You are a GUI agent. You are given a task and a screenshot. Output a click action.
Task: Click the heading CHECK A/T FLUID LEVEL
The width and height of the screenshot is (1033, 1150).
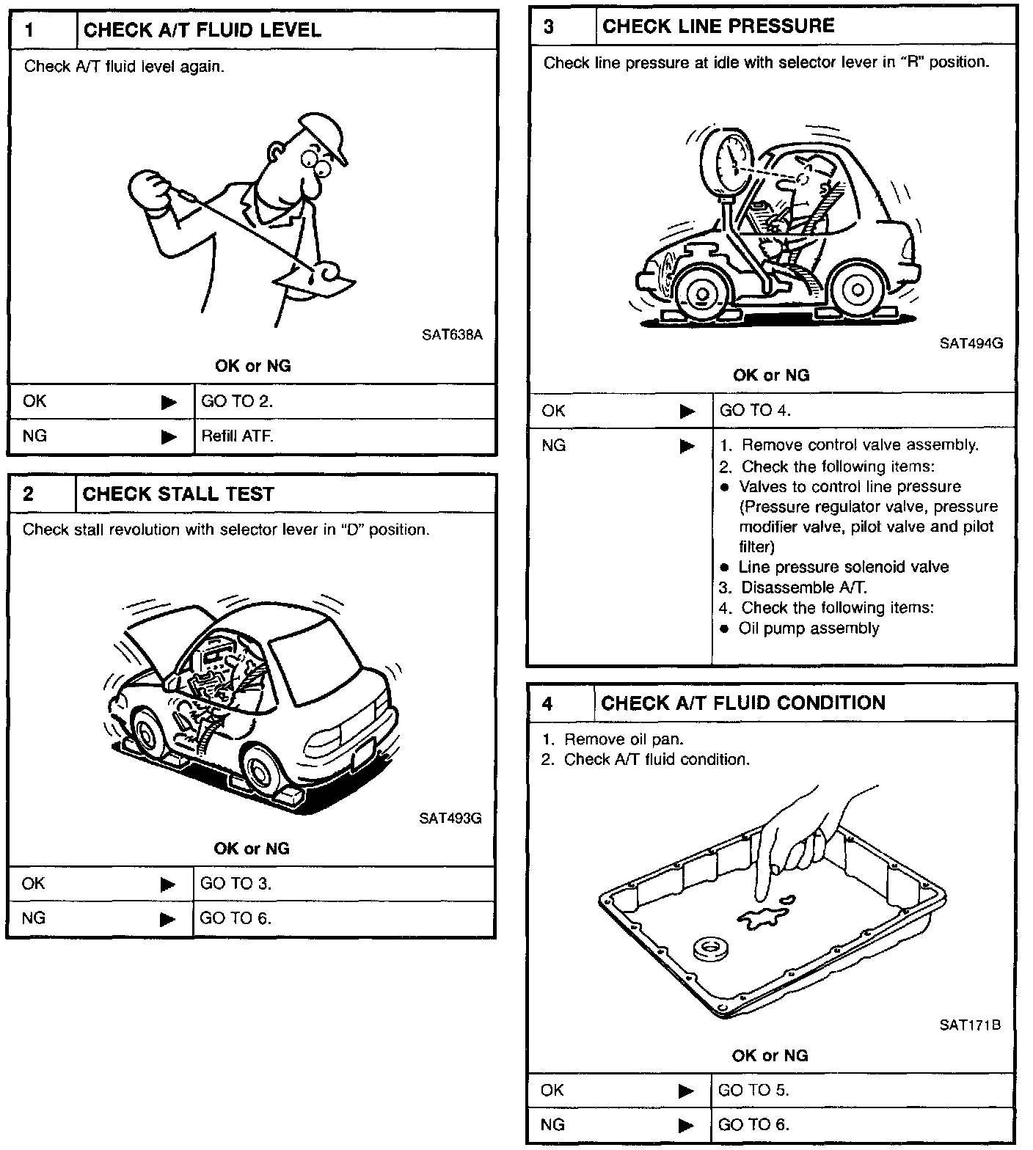coord(202,30)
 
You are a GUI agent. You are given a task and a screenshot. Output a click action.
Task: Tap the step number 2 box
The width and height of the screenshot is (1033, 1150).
coord(29,494)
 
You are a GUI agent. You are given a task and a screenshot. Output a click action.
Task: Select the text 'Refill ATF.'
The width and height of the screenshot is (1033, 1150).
coord(237,436)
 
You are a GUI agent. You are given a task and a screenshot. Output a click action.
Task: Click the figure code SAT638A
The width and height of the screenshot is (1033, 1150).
coord(452,335)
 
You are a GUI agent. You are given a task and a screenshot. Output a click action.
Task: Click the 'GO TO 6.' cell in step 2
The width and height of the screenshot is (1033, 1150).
coord(236,918)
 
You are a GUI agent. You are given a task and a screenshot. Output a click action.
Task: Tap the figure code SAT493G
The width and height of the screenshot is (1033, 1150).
coord(450,818)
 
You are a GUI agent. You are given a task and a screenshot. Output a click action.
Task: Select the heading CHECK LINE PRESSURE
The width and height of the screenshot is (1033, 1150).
coord(718,26)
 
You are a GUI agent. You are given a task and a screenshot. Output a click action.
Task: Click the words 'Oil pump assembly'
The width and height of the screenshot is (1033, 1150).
coord(808,629)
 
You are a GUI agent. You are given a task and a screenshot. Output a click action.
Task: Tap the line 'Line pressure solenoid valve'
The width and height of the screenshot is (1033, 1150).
coord(844,567)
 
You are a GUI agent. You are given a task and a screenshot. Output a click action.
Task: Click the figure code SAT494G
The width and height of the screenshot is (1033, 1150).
coord(971,343)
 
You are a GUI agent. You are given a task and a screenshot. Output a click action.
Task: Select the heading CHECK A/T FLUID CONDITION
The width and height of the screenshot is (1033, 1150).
coord(742,703)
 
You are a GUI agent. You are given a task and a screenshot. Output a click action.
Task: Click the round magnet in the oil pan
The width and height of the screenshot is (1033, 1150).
coord(709,950)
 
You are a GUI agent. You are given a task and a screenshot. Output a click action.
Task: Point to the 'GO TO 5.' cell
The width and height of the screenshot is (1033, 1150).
coord(753,1091)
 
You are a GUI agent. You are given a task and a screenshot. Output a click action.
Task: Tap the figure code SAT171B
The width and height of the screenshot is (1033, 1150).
coord(970,1025)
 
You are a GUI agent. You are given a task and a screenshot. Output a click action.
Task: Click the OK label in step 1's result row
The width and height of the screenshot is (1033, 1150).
coord(34,401)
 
